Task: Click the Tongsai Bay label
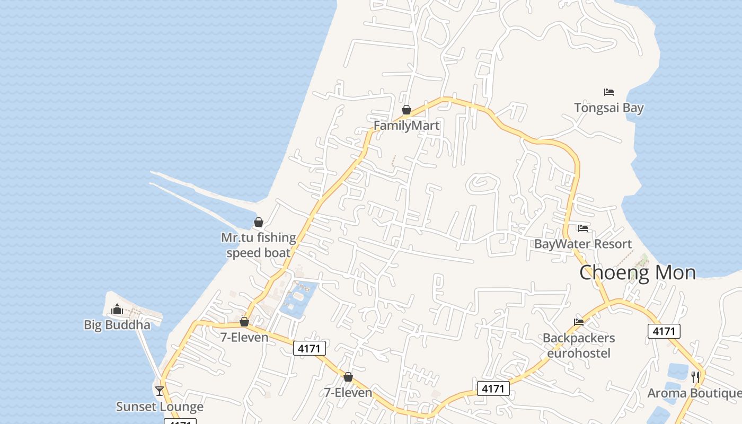609,108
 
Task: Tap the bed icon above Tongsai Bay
609,92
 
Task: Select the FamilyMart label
407,126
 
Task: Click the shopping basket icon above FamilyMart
407,110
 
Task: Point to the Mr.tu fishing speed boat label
259,245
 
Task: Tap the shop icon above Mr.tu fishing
259,222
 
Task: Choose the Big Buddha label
117,325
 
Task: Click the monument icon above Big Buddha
117,309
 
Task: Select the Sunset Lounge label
160,407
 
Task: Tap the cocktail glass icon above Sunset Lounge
160,391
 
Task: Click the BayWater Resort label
583,244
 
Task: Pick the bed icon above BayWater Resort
583,228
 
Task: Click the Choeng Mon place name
638,272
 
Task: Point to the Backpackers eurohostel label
579,346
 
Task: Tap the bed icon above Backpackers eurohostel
579,322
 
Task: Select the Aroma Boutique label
694,393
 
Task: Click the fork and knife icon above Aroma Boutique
695,377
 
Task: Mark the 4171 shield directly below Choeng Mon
664,331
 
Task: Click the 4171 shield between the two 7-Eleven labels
310,348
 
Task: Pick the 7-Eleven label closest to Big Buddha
244,337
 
